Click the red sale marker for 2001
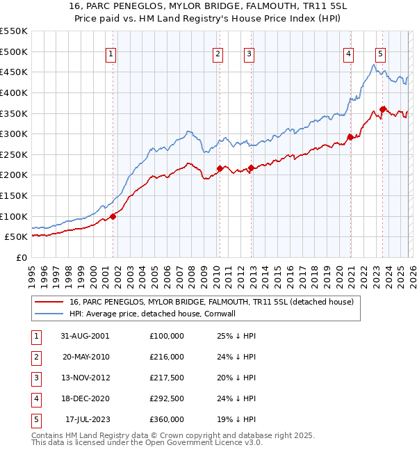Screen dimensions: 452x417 tap(113, 216)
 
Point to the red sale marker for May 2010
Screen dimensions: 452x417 tap(220, 168)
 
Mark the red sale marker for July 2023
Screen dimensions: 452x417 tap(383, 109)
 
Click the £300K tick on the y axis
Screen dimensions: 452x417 tap(14, 134)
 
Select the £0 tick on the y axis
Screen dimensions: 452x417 tap(22, 257)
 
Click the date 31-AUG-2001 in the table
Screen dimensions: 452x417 tap(85, 336)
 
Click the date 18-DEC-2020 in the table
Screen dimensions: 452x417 tap(85, 398)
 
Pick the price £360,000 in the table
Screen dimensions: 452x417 tap(167, 419)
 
